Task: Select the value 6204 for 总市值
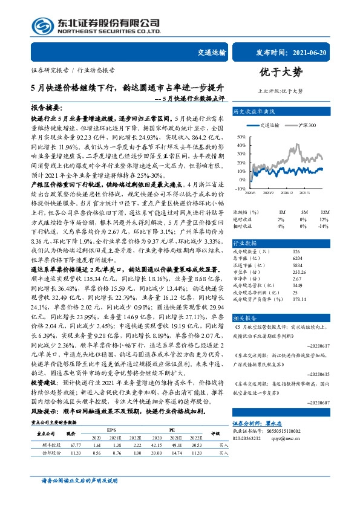point(296,258)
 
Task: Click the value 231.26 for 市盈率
point(298,272)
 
